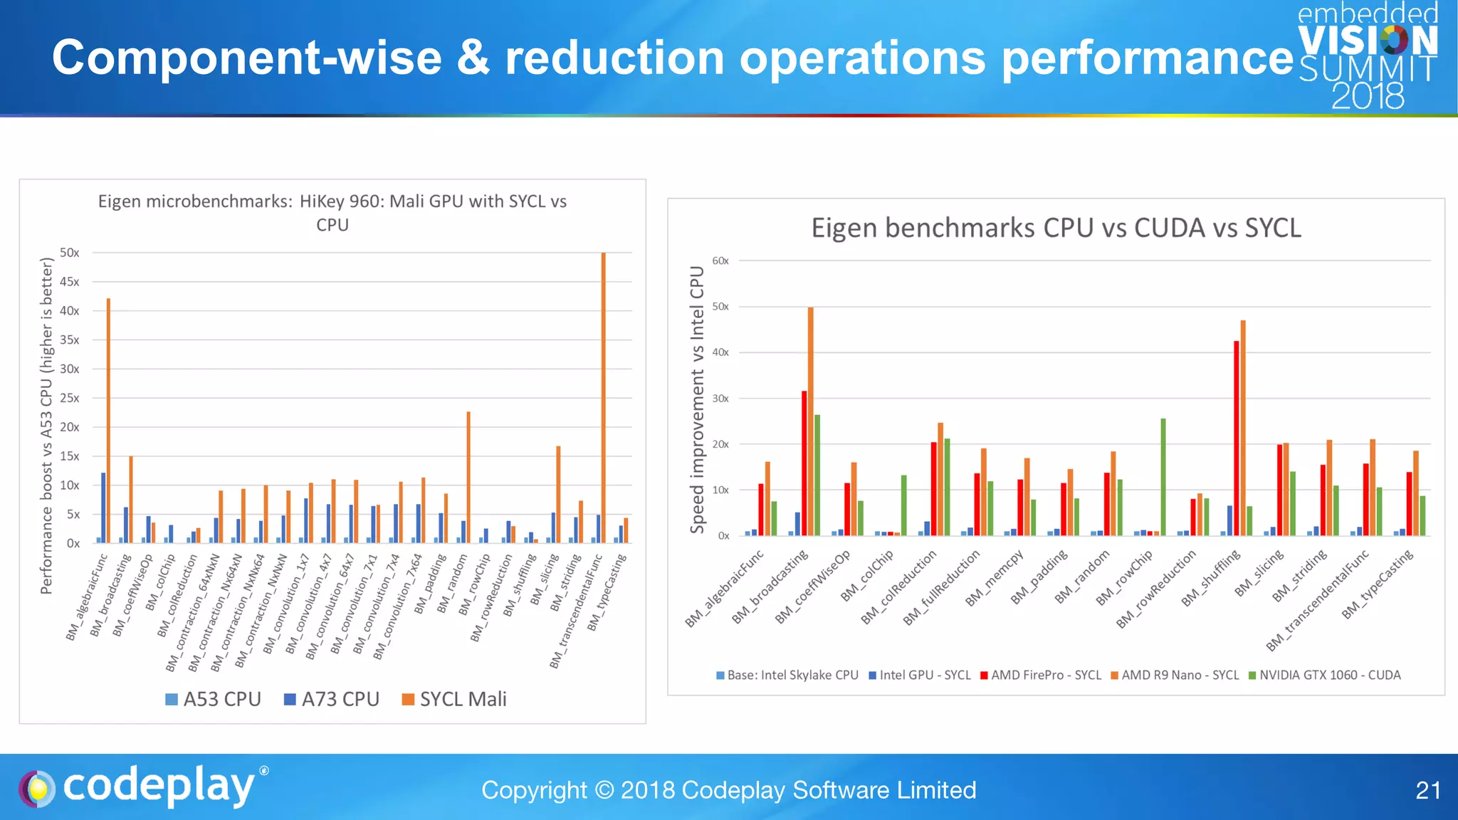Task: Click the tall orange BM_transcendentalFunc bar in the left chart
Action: pyautogui.click(x=604, y=399)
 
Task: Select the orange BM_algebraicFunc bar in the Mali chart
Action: pyautogui.click(x=109, y=420)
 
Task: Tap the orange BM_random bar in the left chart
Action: pyautogui.click(x=468, y=477)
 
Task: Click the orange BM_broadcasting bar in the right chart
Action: pyautogui.click(x=811, y=420)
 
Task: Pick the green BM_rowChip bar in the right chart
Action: pyautogui.click(x=1163, y=477)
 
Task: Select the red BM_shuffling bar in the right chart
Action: pyautogui.click(x=1237, y=438)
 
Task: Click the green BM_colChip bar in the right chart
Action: pyautogui.click(x=904, y=505)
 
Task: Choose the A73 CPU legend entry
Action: pyautogui.click(x=332, y=699)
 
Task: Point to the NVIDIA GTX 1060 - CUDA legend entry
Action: pyautogui.click(x=1324, y=675)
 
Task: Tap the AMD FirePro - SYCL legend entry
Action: pyautogui.click(x=1040, y=675)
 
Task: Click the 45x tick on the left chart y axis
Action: pyautogui.click(x=70, y=282)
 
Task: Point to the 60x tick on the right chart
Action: pyautogui.click(x=720, y=261)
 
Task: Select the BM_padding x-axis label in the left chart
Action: pyautogui.click(x=431, y=584)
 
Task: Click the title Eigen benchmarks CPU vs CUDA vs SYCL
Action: pyautogui.click(x=1056, y=228)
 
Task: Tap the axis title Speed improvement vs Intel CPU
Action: pyautogui.click(x=697, y=399)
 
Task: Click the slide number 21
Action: pyautogui.click(x=1427, y=790)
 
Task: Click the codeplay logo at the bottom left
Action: pyautogui.click(x=142, y=787)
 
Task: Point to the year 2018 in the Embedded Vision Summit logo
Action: pyautogui.click(x=1368, y=96)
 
